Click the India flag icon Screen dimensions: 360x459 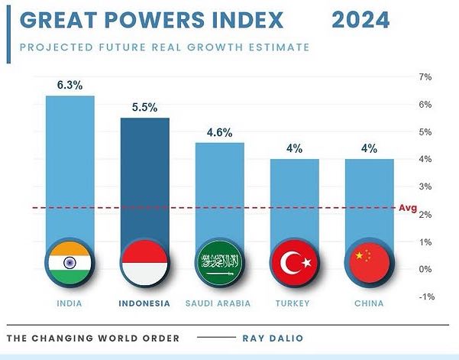69,262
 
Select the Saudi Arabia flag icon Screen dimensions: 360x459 219,262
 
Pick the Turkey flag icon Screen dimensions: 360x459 295,262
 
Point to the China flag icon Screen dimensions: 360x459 370,262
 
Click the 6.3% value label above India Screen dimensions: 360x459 69,86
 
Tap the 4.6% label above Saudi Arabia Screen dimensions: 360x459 220,132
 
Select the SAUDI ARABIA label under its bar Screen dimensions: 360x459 219,303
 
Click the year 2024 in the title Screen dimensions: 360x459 360,20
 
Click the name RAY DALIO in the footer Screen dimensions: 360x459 273,338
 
